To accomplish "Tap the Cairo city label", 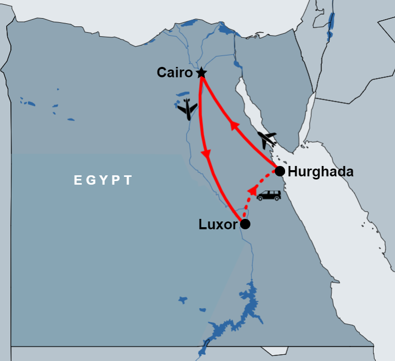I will pos(175,73).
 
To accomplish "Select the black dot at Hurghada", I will pos(279,171).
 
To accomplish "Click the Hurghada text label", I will pos(320,172).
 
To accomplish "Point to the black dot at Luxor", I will pos(245,224).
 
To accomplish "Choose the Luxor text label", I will pos(218,225).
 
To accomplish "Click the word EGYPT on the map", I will pos(103,180).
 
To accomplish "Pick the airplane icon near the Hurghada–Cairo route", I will pos(267,139).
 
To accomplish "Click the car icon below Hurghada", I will pos(269,196).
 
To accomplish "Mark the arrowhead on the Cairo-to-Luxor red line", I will pos(206,154).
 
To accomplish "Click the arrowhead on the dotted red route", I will pos(251,191).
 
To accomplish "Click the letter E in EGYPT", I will pos(78,180).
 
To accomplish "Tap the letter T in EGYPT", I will pos(129,180).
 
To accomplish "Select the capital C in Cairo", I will pos(162,73).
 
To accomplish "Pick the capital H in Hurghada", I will pos(292,172).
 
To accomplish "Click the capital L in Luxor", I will pos(203,225).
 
